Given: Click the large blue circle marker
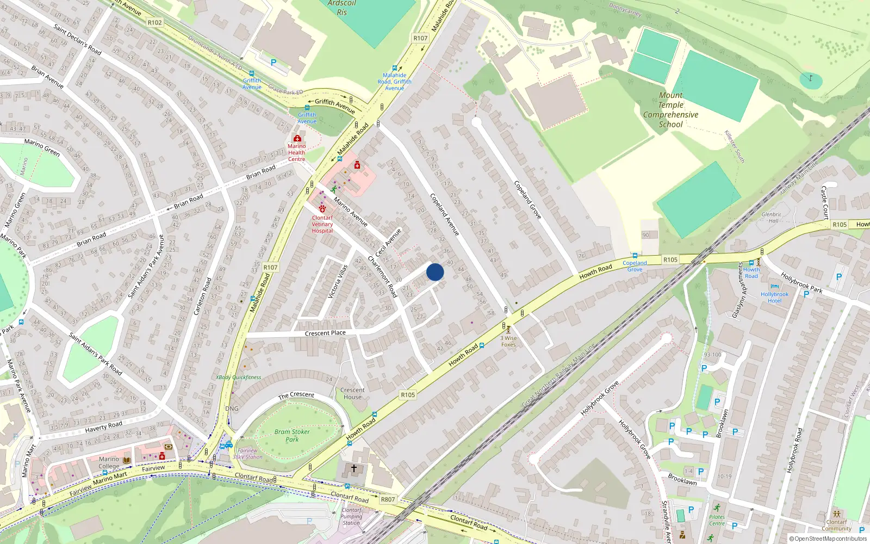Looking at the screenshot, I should point(435,272).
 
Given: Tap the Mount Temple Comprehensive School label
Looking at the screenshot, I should point(670,110).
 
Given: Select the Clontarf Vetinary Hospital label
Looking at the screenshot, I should point(322,224).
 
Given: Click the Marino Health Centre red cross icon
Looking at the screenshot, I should point(297,138).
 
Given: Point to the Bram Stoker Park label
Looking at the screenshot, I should point(292,435).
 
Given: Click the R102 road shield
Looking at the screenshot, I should point(154,22).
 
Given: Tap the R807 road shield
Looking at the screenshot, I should point(388,499).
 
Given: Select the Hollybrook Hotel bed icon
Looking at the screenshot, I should point(775,287).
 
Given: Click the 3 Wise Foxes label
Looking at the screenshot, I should point(508,341).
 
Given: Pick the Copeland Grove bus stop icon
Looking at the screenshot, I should point(635,256).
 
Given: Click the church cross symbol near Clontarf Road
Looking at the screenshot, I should point(354,468).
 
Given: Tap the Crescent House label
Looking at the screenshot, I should point(352,393).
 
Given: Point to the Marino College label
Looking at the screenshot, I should point(109,462).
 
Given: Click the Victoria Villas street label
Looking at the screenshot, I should point(338,281).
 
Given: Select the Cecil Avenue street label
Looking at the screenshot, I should point(388,243).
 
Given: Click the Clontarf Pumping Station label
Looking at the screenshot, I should point(351,516).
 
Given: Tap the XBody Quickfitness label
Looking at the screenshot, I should point(238,377).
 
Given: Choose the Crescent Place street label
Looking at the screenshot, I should point(325,333).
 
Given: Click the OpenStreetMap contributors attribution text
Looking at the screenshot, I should point(828,539).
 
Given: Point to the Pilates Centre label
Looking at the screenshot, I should point(717,520).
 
